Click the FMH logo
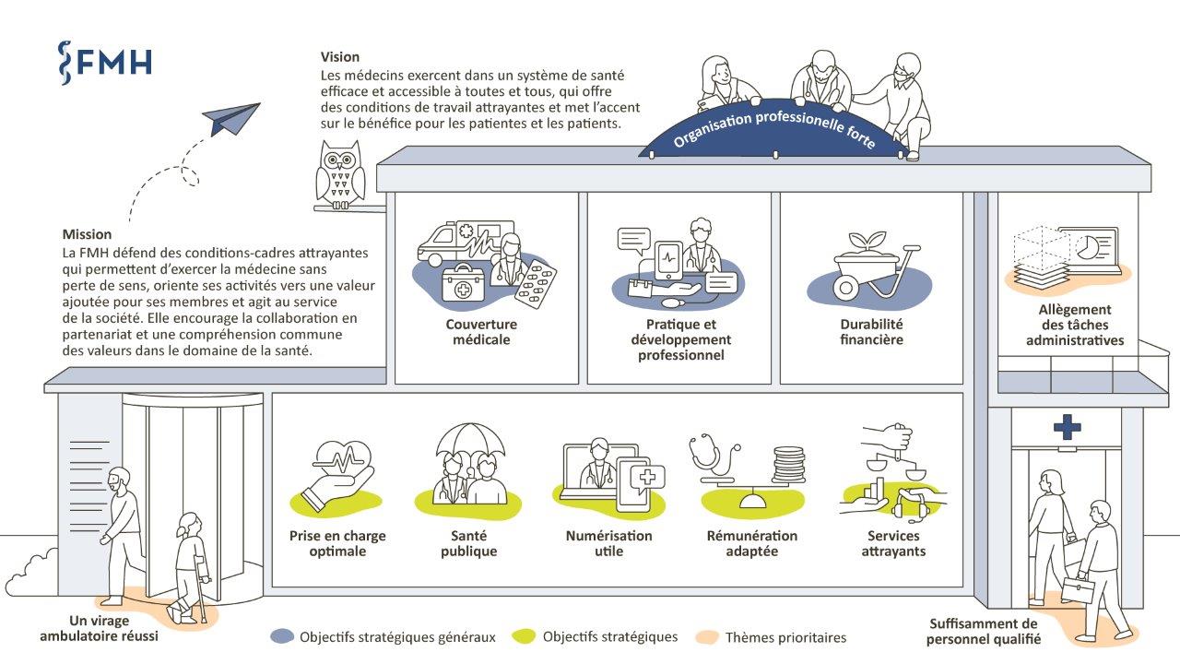click(x=104, y=61)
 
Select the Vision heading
click(x=340, y=57)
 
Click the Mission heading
click(x=87, y=234)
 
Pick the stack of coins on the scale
click(x=788, y=463)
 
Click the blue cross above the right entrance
click(x=1068, y=427)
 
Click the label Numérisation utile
click(x=608, y=543)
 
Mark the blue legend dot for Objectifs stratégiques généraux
click(x=282, y=636)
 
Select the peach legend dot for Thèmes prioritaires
click(x=707, y=636)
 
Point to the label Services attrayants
click(x=893, y=543)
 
